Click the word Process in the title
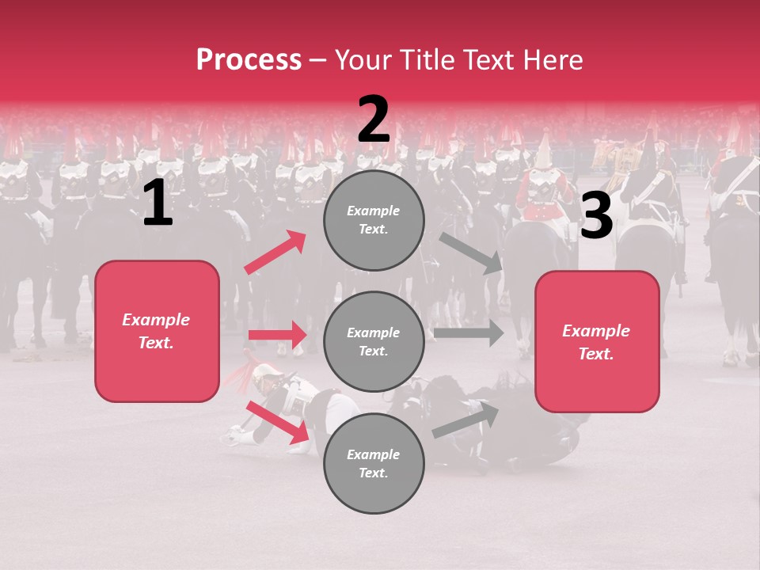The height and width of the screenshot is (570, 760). tap(249, 59)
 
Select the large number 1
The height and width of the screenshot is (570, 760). tap(158, 203)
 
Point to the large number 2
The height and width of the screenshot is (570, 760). tap(374, 120)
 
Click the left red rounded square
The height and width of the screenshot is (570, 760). tap(157, 331)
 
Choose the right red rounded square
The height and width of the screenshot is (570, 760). tap(597, 341)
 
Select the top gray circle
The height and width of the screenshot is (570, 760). tap(374, 220)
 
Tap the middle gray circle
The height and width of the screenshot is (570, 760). tap(374, 341)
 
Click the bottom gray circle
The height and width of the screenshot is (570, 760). tap(374, 463)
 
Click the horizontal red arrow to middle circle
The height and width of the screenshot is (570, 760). tap(277, 335)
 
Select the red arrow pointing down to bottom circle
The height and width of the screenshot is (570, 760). tap(278, 422)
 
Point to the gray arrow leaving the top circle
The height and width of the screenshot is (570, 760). tap(471, 253)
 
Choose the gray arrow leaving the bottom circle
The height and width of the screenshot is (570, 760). tap(466, 419)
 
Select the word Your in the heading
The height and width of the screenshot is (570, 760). tap(360, 59)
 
